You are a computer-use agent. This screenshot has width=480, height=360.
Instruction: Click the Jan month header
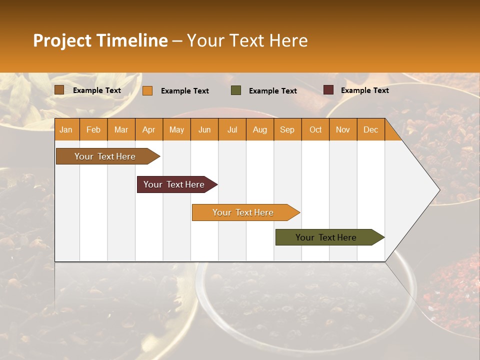(x=66, y=129)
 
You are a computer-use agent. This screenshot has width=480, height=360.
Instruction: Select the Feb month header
(x=93, y=129)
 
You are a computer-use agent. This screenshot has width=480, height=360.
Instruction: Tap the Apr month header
(x=148, y=129)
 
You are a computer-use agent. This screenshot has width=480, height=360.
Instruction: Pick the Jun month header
(x=204, y=129)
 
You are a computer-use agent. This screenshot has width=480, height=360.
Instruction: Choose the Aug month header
(x=259, y=129)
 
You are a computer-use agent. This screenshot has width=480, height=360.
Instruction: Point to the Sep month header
(x=287, y=129)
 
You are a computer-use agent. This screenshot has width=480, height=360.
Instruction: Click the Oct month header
(x=315, y=129)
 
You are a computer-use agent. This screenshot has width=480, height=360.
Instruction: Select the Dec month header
(x=370, y=129)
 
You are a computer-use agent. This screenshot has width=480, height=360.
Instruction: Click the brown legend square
(x=59, y=90)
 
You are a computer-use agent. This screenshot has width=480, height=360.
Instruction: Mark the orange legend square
(x=147, y=90)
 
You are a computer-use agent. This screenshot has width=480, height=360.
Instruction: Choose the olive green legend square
(x=236, y=90)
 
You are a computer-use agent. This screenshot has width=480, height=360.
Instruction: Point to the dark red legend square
(x=328, y=90)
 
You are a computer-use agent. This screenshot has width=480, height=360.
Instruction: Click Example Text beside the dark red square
(x=364, y=90)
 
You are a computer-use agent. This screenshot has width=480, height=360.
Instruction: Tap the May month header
(x=176, y=129)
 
